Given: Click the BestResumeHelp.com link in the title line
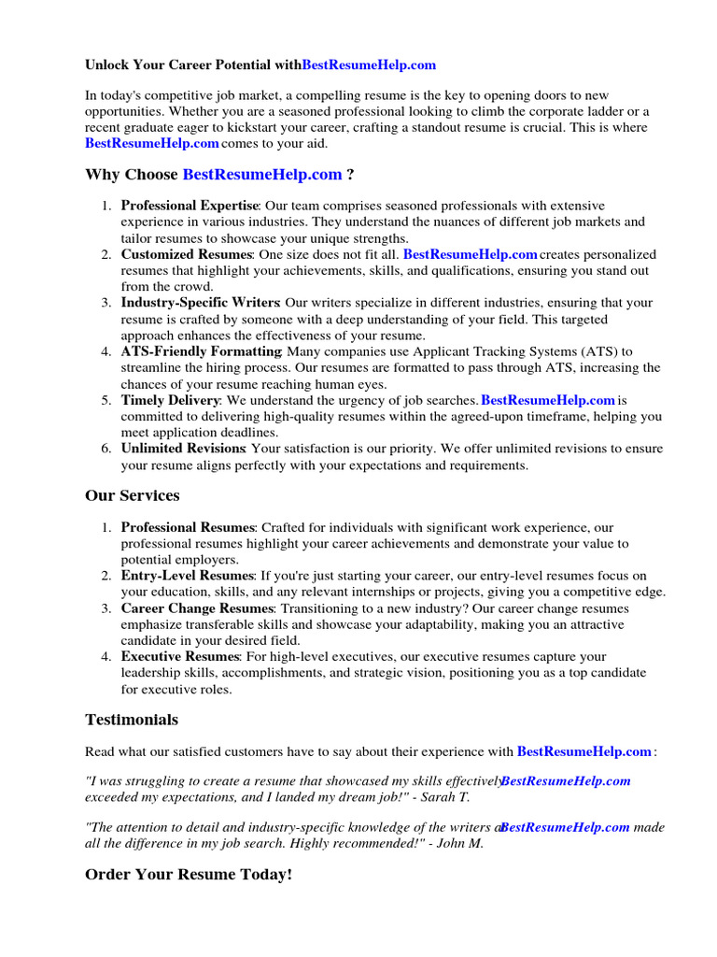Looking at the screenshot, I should [x=369, y=65].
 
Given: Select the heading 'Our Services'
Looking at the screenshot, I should [x=132, y=495].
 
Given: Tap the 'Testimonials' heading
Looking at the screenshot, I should [x=131, y=720].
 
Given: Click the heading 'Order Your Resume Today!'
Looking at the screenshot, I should [x=188, y=875].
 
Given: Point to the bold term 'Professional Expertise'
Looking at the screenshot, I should [x=190, y=206].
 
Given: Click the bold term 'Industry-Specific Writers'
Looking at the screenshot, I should [x=200, y=303].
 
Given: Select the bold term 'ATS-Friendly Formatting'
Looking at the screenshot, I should [x=203, y=351].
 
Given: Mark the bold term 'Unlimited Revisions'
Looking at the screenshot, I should [x=183, y=449].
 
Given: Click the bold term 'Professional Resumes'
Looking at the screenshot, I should [x=187, y=528].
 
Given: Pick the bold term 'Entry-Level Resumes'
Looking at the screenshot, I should [x=187, y=576].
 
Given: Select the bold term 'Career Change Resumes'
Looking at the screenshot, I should [x=197, y=608].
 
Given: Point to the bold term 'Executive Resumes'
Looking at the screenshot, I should [x=178, y=657].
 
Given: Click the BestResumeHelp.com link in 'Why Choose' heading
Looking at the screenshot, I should [x=262, y=175].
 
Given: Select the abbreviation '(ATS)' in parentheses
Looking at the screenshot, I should [x=614, y=351].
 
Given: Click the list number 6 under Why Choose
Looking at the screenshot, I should [x=106, y=449].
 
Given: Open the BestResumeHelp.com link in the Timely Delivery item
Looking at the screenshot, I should [x=548, y=400].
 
